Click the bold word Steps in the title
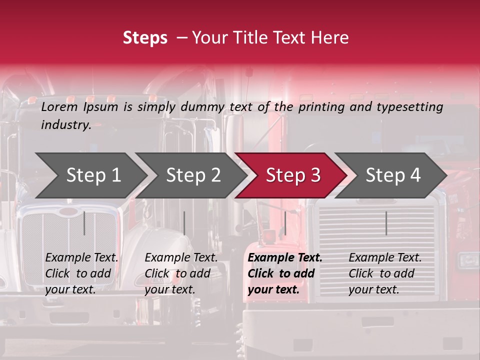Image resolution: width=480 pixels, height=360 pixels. pyautogui.click(x=145, y=38)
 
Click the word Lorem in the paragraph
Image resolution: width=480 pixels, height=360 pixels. pyautogui.click(x=59, y=106)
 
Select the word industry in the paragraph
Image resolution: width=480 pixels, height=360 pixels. pyautogui.click(x=65, y=124)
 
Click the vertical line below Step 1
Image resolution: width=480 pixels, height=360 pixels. pyautogui.click(x=84, y=223)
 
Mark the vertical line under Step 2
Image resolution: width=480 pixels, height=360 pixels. pyautogui.click(x=184, y=223)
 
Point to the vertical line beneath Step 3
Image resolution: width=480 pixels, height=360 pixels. pyautogui.click(x=285, y=223)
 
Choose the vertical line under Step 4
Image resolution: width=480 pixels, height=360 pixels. pyautogui.click(x=386, y=223)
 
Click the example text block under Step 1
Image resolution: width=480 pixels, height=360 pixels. pyautogui.click(x=82, y=273)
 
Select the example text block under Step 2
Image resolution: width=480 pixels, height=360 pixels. pyautogui.click(x=181, y=273)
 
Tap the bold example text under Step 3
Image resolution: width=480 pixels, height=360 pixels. pyautogui.click(x=285, y=273)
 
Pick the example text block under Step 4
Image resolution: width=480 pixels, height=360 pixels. pyautogui.click(x=385, y=273)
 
